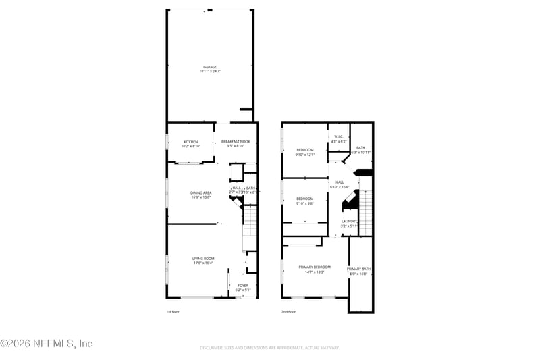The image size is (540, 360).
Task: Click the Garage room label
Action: click(x=210, y=67)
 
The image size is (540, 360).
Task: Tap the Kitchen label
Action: click(x=191, y=141)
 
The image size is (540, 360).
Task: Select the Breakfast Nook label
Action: click(x=236, y=141)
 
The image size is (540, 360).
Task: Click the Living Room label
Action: click(x=202, y=258)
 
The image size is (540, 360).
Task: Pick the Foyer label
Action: click(x=243, y=286)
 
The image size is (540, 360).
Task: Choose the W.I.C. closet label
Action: click(x=339, y=137)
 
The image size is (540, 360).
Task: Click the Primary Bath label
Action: click(x=358, y=269)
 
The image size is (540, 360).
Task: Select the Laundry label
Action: click(x=349, y=221)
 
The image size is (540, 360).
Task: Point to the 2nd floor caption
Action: click(x=288, y=312)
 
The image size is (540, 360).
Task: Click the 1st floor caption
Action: click(x=173, y=312)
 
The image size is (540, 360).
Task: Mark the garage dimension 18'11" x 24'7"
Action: click(x=210, y=71)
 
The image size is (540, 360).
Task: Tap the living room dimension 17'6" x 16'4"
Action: click(x=202, y=263)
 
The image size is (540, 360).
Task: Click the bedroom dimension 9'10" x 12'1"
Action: click(x=305, y=154)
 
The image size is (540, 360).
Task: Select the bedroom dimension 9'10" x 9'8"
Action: click(x=305, y=203)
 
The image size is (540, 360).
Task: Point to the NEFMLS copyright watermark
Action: click(x=46, y=343)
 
